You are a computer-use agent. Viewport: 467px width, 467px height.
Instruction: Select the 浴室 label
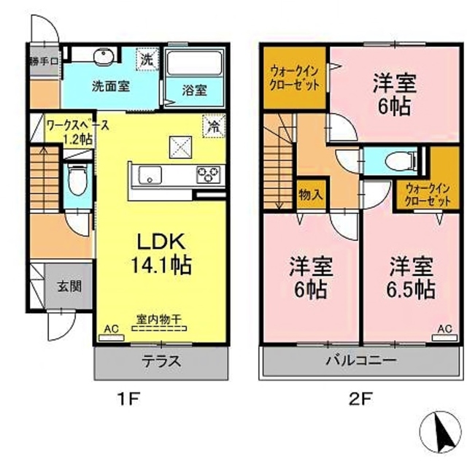(x=193, y=90)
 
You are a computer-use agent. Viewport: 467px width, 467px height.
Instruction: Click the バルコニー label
(x=360, y=361)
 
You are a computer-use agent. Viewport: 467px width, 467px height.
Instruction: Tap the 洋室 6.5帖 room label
(x=411, y=277)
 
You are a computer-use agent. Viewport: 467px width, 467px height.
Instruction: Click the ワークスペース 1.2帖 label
(x=77, y=132)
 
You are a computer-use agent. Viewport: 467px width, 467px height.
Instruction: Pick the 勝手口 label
(x=44, y=61)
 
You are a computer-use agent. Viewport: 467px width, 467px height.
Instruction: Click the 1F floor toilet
(x=75, y=177)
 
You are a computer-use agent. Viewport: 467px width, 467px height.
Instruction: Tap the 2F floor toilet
(x=401, y=161)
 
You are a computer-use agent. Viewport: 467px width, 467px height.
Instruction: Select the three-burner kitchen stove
(x=208, y=175)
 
